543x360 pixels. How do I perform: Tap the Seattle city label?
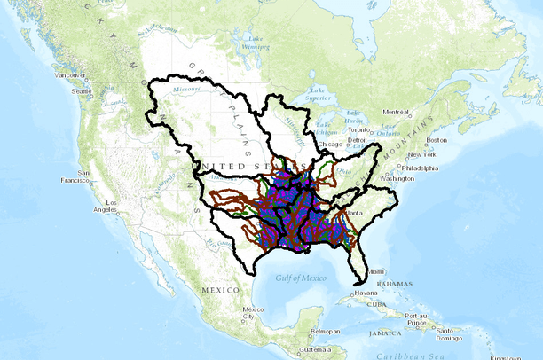point(83,91)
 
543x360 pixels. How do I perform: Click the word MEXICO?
point(221,290)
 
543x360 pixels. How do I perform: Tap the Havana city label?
point(366,293)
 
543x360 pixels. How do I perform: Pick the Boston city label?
point(436,140)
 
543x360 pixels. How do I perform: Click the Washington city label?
point(398,178)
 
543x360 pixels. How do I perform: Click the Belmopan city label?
point(325,331)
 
